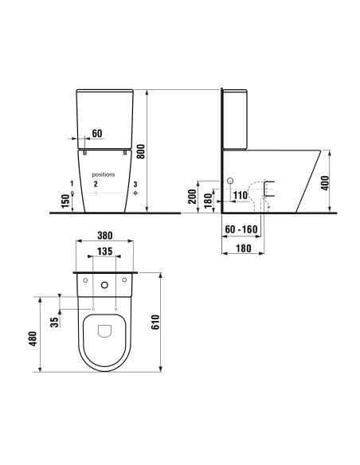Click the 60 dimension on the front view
(97, 133)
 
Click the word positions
(104, 174)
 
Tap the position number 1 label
(72, 184)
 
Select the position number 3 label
(135, 184)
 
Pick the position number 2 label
(96, 184)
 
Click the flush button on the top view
(105, 282)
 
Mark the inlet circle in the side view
(231, 182)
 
